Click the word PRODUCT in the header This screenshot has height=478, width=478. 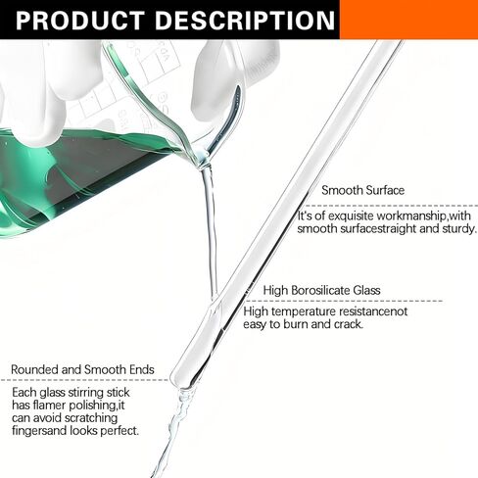click(80, 21)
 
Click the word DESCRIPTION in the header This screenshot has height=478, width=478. click(245, 21)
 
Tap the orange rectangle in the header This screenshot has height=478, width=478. click(408, 20)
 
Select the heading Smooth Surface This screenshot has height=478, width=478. click(363, 190)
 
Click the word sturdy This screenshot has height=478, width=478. click(459, 229)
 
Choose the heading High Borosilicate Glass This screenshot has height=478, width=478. click(322, 290)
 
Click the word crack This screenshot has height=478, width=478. click(349, 324)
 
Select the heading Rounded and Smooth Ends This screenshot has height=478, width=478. click(82, 369)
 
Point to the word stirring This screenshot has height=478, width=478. click(84, 393)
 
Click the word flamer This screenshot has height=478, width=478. click(50, 406)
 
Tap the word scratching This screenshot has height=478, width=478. click(91, 418)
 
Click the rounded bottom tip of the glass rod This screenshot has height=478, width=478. click(179, 383)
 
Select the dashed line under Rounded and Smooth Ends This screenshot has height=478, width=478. click(84, 380)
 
